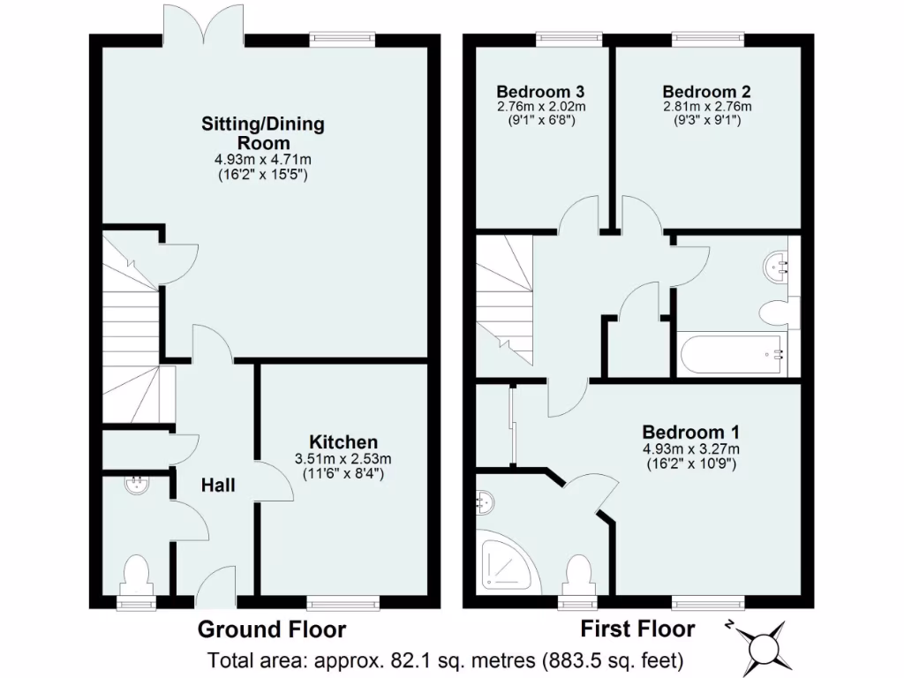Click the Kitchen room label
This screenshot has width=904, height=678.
(343, 441)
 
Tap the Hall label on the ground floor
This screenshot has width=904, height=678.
(217, 485)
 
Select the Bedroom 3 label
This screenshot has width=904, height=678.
(540, 92)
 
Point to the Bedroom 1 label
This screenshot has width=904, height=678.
(690, 433)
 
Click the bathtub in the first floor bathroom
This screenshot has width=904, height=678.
(733, 356)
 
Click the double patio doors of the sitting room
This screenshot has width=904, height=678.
(203, 25)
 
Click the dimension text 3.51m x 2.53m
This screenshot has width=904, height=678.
(343, 458)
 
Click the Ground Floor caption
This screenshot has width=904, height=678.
(271, 629)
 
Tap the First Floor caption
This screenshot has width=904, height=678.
(637, 629)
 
